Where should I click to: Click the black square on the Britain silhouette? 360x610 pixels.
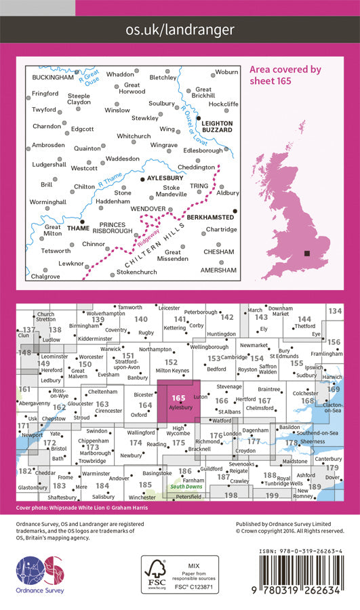tap(308, 253)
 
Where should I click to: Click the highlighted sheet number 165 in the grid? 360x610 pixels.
tap(179, 399)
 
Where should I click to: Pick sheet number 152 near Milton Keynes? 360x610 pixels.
tap(171, 363)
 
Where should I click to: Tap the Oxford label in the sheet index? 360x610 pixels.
tap(138, 415)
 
